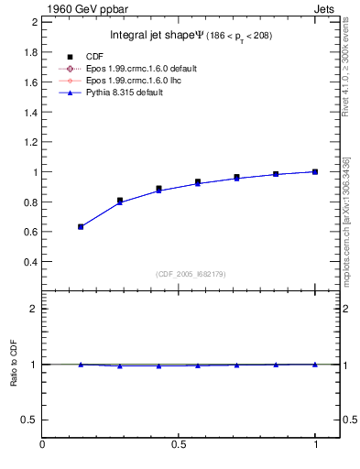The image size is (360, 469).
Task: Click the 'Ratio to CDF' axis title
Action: (12, 364)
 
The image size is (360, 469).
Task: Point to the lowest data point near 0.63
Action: (81, 226)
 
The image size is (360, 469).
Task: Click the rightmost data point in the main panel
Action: (315, 171)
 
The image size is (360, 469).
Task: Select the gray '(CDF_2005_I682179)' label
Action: (191, 275)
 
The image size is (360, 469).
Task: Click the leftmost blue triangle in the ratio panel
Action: (81, 365)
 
